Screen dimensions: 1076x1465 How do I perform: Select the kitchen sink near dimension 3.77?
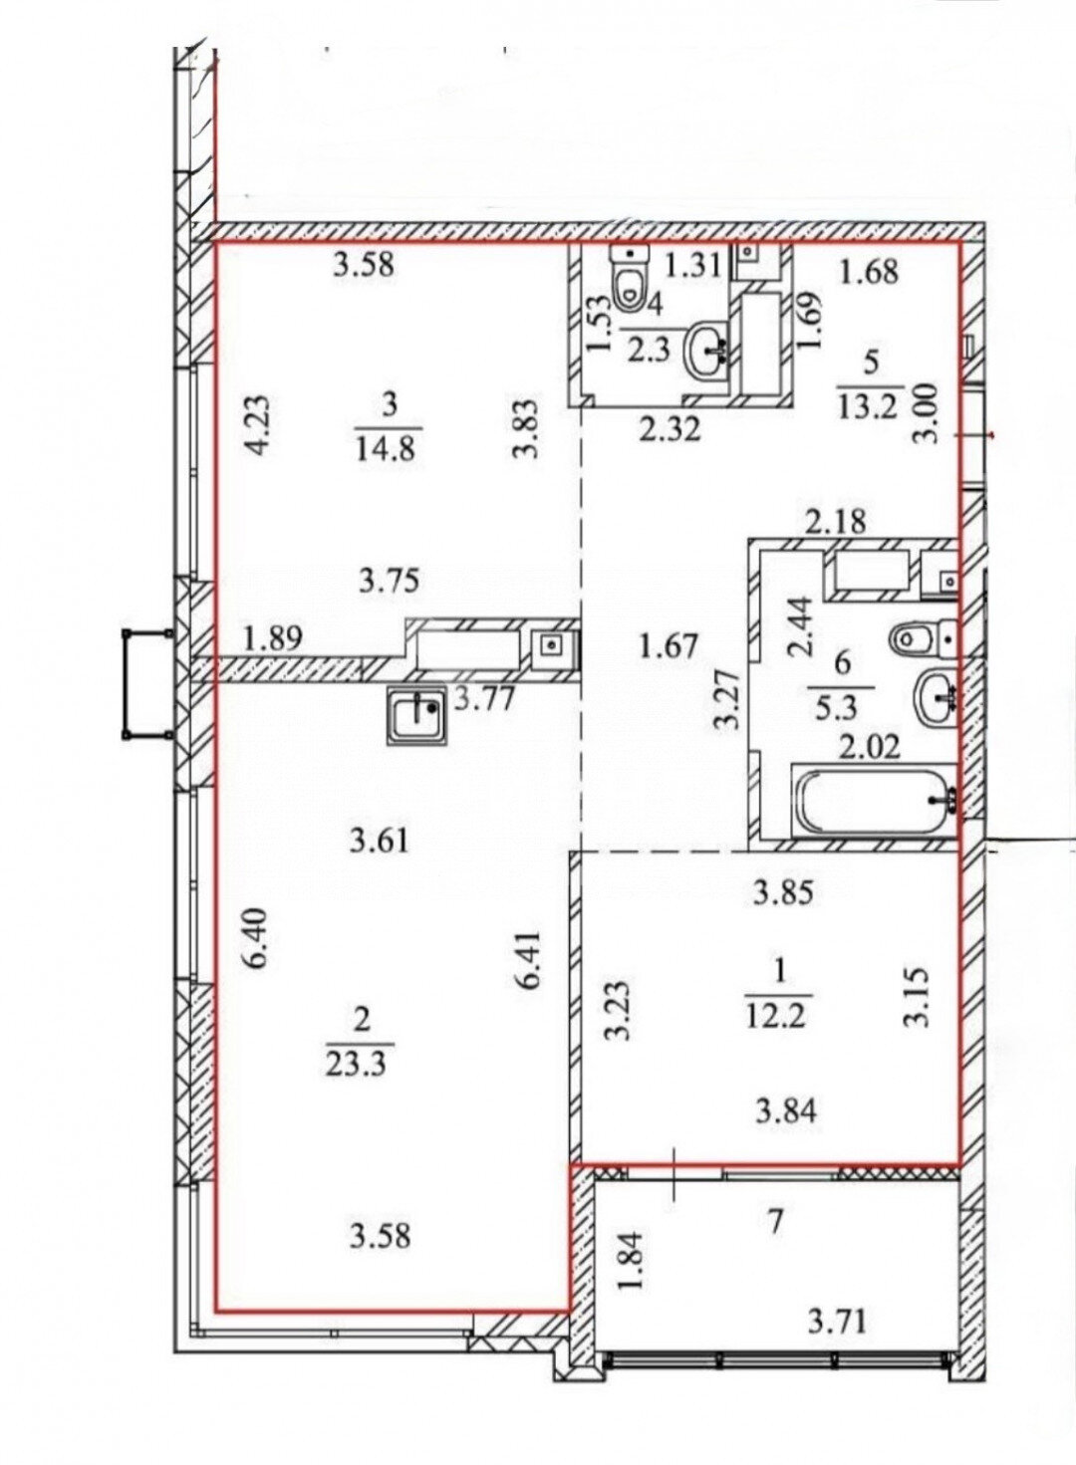(x=416, y=716)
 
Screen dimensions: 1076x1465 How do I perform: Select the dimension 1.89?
(x=273, y=638)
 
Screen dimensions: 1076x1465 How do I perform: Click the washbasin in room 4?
(x=706, y=352)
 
